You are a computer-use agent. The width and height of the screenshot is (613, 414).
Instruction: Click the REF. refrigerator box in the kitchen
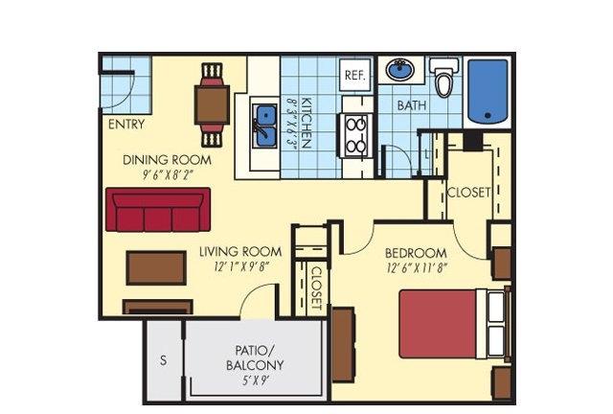point(354,75)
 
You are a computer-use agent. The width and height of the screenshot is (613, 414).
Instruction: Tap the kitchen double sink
point(265,126)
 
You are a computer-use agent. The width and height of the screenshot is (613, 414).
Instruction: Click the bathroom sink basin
point(400,70)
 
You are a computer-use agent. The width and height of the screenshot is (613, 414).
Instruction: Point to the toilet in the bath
point(444,78)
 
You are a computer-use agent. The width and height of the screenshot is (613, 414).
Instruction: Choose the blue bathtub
point(488,91)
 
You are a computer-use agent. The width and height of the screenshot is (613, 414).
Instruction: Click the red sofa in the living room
point(158,209)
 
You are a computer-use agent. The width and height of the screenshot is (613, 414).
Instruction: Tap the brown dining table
point(212,104)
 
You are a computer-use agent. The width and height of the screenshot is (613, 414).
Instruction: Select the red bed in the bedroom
point(453,324)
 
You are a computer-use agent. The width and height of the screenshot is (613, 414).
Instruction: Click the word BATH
point(411,105)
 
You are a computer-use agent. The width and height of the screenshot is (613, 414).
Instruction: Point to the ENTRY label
point(126,125)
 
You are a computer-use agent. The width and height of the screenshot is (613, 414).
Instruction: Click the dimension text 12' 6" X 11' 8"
point(417,268)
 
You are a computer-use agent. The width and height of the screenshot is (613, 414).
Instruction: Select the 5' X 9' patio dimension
point(255,379)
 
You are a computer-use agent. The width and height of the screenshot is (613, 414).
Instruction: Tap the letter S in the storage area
point(164,359)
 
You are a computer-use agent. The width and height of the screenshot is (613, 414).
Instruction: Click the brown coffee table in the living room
point(156,268)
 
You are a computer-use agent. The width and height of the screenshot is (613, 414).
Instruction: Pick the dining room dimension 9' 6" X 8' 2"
point(168,174)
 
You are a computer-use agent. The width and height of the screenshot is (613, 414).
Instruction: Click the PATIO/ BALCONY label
point(255,357)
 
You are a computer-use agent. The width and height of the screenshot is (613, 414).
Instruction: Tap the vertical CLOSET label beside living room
point(316,288)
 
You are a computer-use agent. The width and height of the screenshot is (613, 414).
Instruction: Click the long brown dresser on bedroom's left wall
point(343,344)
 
